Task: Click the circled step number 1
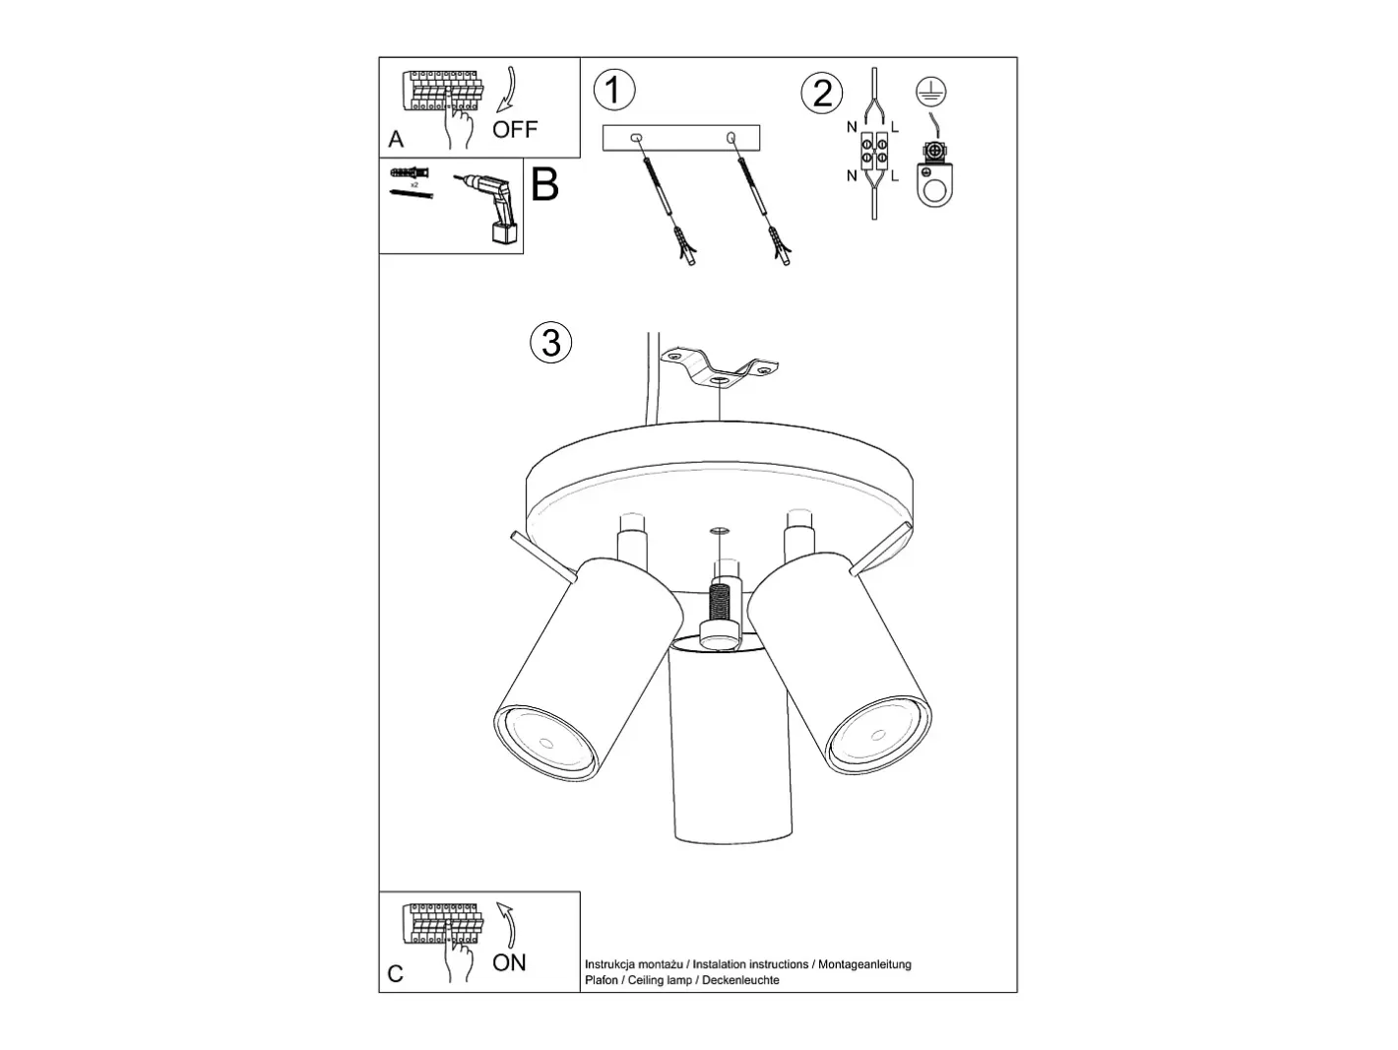pos(614,90)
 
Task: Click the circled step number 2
pos(821,93)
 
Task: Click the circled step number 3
pos(551,342)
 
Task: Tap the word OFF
pos(515,129)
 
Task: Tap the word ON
pos(509,962)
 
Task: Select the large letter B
pos(544,185)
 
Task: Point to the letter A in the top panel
pos(396,139)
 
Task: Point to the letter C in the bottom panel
pos(395,973)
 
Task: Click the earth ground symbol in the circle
pos(930,92)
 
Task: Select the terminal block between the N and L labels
pos(874,151)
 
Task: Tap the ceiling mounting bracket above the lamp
pos(720,368)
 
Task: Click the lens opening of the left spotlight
pos(545,743)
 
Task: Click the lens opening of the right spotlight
pos(879,735)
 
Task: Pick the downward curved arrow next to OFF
pos(509,90)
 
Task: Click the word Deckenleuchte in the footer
pos(740,980)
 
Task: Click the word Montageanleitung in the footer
pos(865,964)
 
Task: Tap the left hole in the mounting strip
pos(636,138)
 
